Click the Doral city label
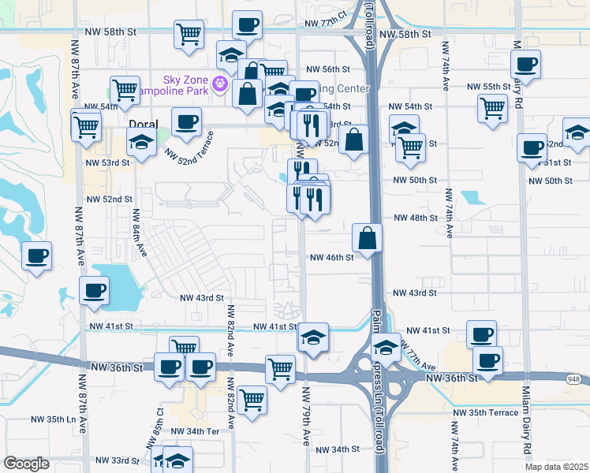point(144,125)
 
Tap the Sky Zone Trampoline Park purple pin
point(219,83)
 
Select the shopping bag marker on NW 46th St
point(368,237)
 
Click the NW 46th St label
point(330,257)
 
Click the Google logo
point(26,464)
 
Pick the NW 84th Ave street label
point(139,232)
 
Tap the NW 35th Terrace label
point(485,412)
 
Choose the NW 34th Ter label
point(188,431)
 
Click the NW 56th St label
point(327,69)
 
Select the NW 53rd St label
point(108,162)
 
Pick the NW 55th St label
point(488,87)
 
